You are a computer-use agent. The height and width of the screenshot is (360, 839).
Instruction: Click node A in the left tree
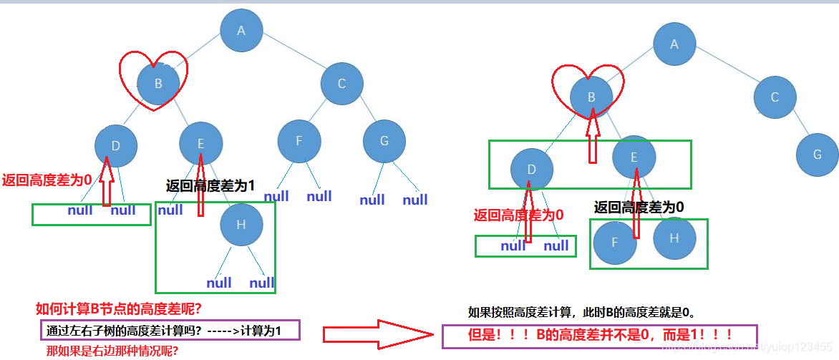click(241, 31)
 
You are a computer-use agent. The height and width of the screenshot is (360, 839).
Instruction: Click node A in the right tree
click(674, 44)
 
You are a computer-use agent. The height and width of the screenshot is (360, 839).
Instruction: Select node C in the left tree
click(341, 84)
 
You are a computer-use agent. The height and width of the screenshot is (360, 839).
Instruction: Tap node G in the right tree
click(817, 154)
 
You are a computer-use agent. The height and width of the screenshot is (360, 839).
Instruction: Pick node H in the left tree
click(241, 225)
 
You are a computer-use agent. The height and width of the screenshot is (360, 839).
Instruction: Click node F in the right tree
click(615, 243)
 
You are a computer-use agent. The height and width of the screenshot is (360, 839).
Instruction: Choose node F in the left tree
click(299, 141)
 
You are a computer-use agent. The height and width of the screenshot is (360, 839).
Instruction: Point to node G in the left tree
click(384, 141)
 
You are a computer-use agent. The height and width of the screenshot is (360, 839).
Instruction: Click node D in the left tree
click(116, 147)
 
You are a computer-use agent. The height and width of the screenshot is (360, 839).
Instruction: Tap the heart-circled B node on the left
click(158, 83)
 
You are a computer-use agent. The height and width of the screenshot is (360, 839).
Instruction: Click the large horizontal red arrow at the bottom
click(377, 334)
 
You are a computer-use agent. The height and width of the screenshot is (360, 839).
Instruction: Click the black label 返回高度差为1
click(210, 186)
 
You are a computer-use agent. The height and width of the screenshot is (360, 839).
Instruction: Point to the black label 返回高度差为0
click(639, 208)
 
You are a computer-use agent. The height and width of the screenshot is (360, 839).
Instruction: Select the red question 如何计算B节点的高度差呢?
click(117, 309)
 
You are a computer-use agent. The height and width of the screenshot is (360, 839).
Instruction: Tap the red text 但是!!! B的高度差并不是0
click(600, 336)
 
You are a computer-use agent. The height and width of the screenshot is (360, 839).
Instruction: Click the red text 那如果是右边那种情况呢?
click(112, 351)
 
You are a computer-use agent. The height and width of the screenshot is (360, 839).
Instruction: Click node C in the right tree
click(775, 97)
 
